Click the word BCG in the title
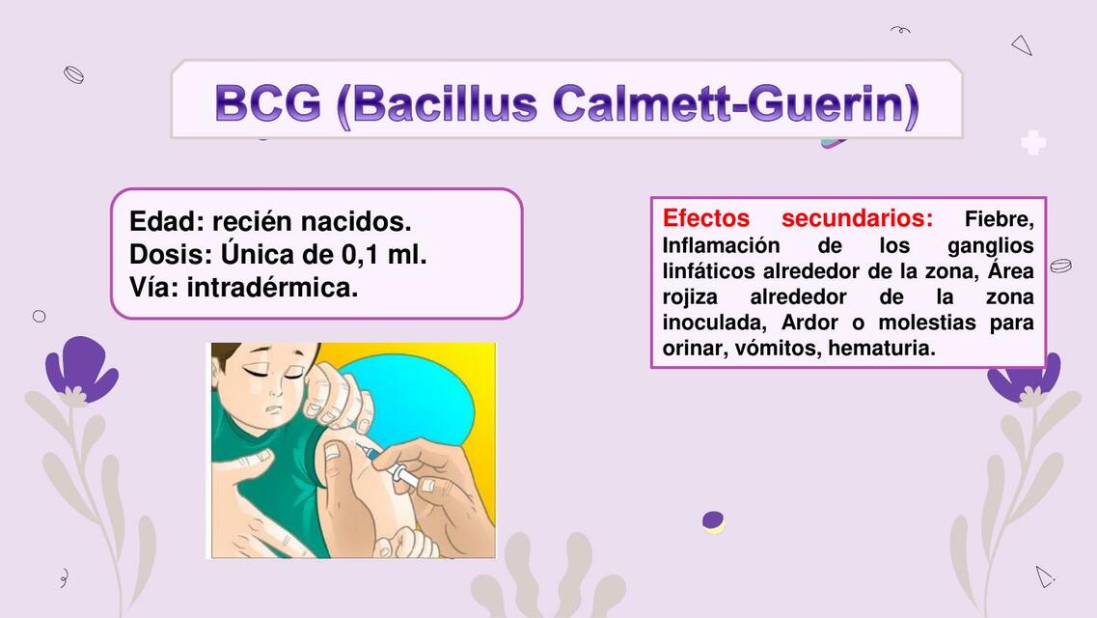[x=267, y=104]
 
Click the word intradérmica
[x=272, y=287]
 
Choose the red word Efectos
[x=705, y=217]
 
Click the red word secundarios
[x=857, y=217]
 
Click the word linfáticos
[x=709, y=270]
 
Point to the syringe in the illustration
[x=391, y=462]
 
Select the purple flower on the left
[x=82, y=370]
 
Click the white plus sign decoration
[x=1033, y=143]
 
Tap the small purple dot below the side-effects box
[x=713, y=521]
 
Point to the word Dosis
[x=170, y=255]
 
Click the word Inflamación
[x=721, y=245]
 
